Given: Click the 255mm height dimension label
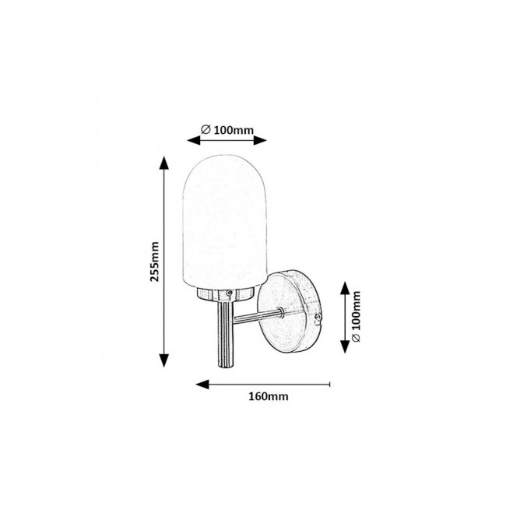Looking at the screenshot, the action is click(154, 262).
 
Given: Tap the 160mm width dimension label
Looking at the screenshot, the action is click(269, 396).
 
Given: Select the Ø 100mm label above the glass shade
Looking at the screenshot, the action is click(227, 130).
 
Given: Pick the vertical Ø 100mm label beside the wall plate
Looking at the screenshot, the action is click(356, 316).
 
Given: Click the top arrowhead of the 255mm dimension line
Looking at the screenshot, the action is click(163, 163).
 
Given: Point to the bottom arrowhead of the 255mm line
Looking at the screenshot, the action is click(163, 360).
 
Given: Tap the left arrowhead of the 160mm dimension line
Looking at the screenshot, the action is click(202, 385).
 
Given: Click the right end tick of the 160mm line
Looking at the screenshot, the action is click(330, 385).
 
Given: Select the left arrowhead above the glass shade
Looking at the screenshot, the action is click(194, 140).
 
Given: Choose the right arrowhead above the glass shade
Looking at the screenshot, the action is click(260, 140).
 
